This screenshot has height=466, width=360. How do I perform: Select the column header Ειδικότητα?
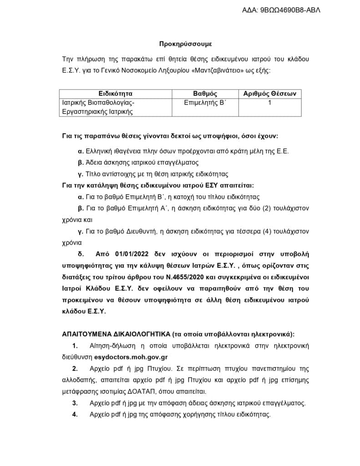pos(115,94)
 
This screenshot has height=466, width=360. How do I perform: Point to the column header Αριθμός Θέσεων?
pos(270,94)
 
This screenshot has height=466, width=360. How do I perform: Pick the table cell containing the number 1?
pos(270,103)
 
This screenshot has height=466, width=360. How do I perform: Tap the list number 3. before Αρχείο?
pos(75,403)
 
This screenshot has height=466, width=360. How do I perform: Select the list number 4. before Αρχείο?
pos(75,415)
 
